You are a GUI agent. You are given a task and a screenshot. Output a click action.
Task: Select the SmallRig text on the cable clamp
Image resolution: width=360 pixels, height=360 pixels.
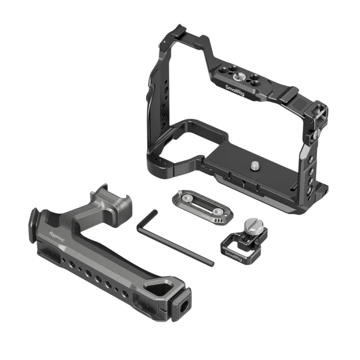click(x=233, y=256)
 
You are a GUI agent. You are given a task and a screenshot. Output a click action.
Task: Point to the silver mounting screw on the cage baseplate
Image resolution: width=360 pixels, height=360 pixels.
click(x=255, y=166)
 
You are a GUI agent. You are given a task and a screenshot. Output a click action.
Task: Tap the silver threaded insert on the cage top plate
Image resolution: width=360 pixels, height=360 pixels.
click(x=238, y=78)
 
